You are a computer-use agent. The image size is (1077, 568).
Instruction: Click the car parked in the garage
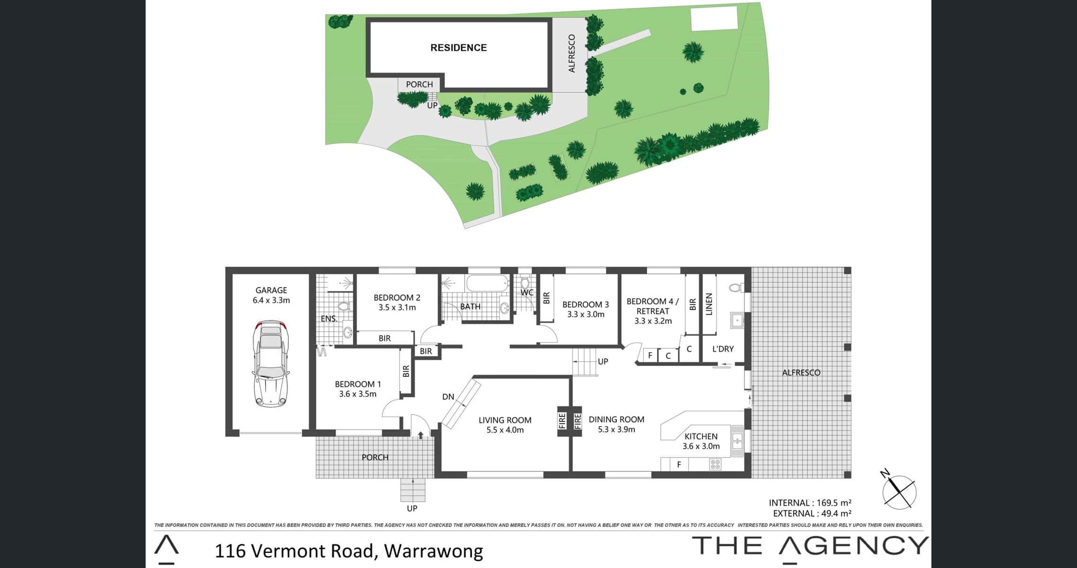coord(271,364)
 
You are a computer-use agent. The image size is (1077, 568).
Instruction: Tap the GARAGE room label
coord(271,290)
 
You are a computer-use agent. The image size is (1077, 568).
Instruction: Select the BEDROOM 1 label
coord(358,384)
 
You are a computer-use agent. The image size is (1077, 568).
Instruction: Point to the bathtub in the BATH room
coord(487,283)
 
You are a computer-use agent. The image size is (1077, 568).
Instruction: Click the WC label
coord(527,293)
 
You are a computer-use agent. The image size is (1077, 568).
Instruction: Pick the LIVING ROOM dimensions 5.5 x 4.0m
coord(505,430)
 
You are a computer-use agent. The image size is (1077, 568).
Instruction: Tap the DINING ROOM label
coord(616,419)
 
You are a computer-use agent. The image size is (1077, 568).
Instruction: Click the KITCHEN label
coord(701,436)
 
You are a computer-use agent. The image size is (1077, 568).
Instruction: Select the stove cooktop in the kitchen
coord(715,464)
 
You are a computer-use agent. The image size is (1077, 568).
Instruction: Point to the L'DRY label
coord(723,349)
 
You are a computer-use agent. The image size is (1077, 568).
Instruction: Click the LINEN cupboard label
coord(709,304)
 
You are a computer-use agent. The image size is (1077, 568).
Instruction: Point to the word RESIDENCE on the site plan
coord(458,47)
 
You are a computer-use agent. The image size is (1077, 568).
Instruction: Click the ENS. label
coord(329,319)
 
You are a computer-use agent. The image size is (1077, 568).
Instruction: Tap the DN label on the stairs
coord(448,397)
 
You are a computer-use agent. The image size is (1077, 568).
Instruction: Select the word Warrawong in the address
coord(433,551)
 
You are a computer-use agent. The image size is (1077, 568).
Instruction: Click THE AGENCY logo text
coord(810,545)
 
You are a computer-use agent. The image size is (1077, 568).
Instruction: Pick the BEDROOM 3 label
coord(586,304)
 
